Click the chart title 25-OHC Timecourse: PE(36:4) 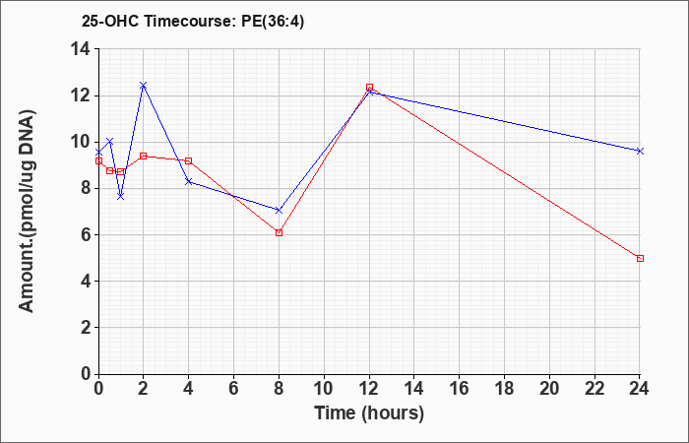point(193,21)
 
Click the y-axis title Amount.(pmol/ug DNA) point(28,211)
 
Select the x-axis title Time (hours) point(369,413)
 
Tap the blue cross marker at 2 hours point(144,86)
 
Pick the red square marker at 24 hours point(640,258)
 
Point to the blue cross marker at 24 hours point(640,151)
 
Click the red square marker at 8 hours point(279,232)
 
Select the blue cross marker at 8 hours point(279,211)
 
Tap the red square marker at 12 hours point(369,88)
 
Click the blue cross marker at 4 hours point(189,181)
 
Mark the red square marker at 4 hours point(189,160)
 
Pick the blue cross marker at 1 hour point(121,196)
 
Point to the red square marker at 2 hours point(144,156)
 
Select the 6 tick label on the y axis point(87,235)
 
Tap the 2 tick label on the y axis point(87,328)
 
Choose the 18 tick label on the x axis point(504,389)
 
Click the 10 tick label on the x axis point(324,389)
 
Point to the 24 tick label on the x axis point(639,389)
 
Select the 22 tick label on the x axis point(595,389)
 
